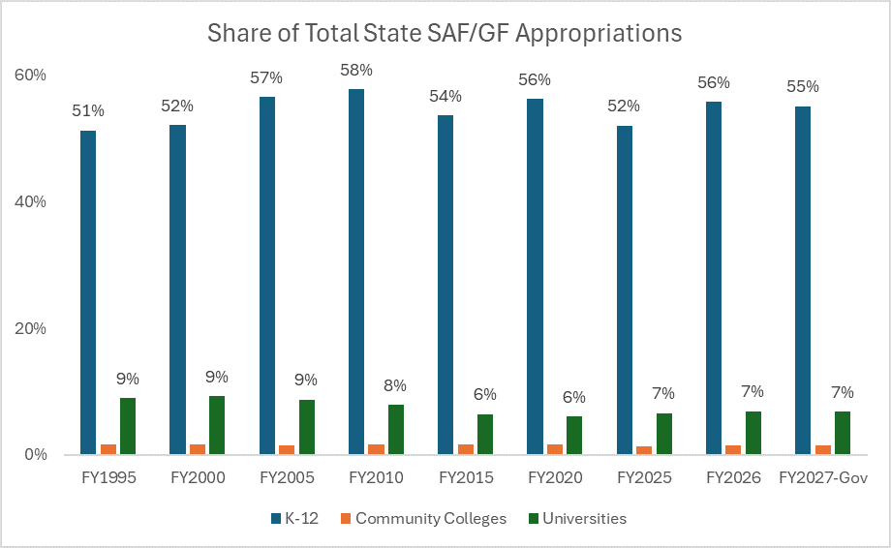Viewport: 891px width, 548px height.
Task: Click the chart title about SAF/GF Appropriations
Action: tap(445, 33)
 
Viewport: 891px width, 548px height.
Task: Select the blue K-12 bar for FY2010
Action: tap(355, 271)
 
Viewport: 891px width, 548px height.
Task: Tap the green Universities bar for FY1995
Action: tap(128, 426)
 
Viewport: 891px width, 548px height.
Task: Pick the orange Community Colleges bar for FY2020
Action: tap(555, 449)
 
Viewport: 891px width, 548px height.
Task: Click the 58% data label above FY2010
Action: tap(355, 71)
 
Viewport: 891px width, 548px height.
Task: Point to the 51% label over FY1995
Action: tap(88, 110)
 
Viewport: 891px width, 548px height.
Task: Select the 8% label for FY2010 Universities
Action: tap(395, 385)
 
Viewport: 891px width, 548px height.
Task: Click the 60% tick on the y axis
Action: tap(30, 76)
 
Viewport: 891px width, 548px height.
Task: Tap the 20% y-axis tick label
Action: tap(30, 328)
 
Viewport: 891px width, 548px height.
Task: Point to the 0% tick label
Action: tap(34, 454)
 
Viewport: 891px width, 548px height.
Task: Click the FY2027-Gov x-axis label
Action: tap(822, 478)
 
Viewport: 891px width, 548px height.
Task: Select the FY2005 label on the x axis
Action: tap(287, 478)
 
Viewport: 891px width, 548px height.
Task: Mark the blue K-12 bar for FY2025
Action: tap(624, 290)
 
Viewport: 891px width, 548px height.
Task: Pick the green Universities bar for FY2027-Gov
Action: tap(842, 433)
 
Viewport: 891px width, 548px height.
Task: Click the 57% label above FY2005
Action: tap(266, 77)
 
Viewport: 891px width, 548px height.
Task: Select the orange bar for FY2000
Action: tap(198, 449)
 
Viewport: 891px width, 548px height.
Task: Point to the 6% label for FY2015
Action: tap(484, 394)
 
